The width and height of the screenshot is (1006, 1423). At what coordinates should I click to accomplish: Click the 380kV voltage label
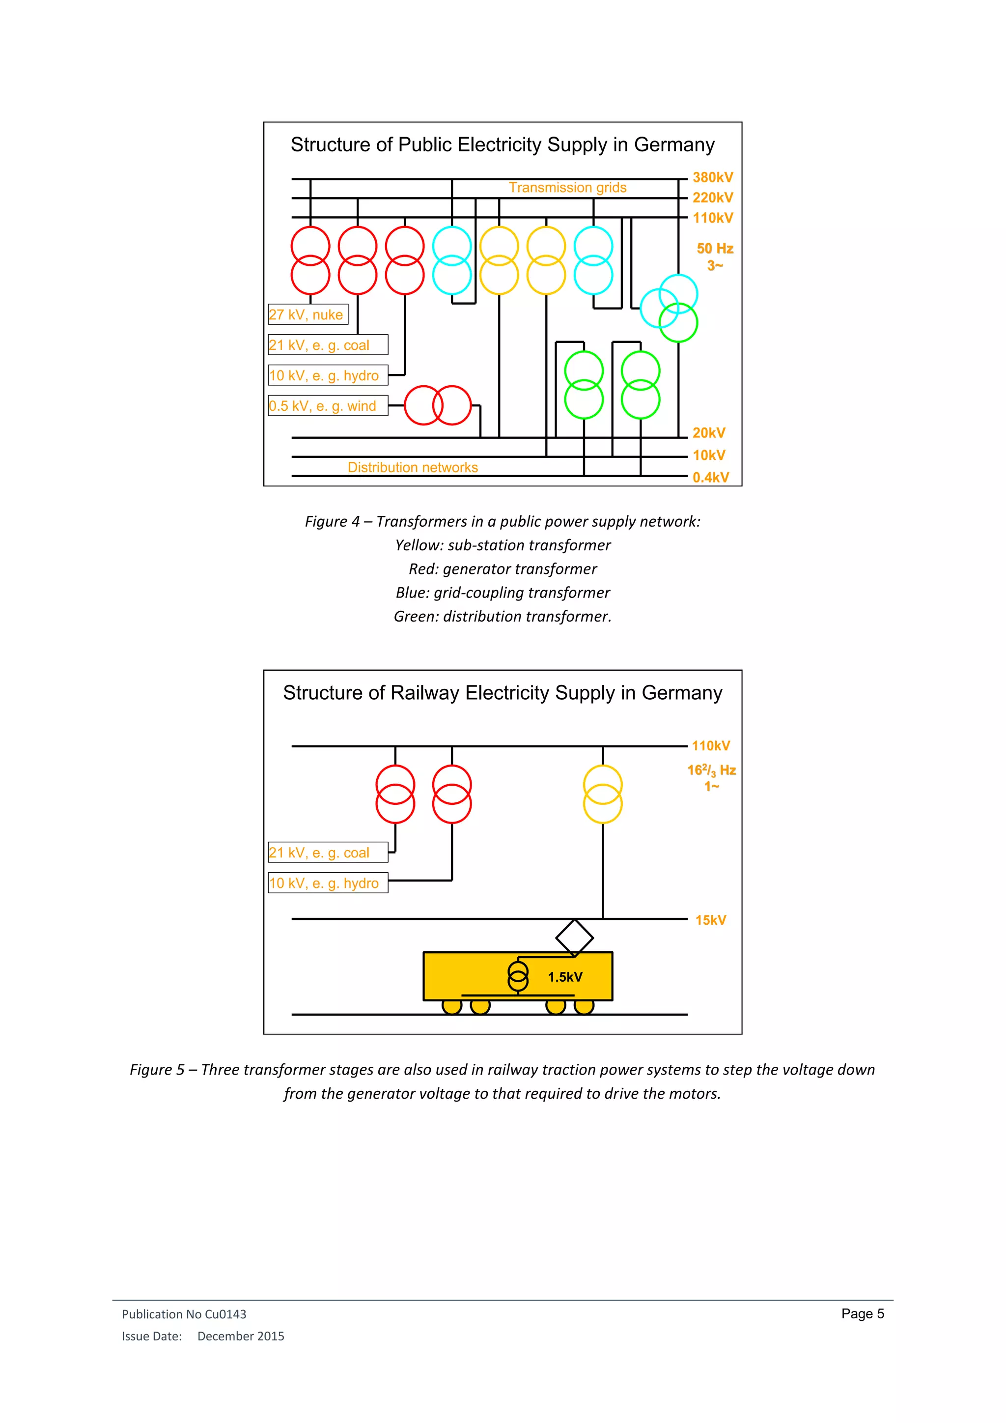pos(712,177)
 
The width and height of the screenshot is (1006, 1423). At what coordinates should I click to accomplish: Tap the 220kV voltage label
pos(712,198)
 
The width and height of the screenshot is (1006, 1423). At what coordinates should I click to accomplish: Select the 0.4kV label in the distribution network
pos(710,477)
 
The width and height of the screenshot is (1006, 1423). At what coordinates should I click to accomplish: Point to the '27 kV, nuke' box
pos(308,315)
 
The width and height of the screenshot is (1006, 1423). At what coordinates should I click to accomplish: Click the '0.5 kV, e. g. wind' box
pos(328,406)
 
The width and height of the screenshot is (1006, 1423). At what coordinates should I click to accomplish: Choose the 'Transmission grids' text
pos(567,188)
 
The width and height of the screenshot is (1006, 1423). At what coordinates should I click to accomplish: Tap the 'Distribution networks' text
pos(413,467)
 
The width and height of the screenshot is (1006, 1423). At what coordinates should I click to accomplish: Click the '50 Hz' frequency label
pos(715,249)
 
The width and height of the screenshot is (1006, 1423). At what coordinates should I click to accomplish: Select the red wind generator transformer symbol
pos(438,405)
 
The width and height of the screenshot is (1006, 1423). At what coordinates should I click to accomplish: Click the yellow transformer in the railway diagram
pos(603,794)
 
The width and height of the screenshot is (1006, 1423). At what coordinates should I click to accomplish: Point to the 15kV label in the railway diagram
pos(710,920)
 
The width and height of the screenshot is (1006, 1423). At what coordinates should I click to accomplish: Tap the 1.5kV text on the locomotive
pos(565,977)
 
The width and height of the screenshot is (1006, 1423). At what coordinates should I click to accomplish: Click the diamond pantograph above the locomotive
pos(575,938)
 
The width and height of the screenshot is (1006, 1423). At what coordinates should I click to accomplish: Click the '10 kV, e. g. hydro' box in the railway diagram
pos(328,883)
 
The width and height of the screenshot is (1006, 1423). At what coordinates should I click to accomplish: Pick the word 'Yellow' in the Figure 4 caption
pos(419,545)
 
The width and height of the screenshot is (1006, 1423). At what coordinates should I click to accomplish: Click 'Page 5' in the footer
pos(862,1314)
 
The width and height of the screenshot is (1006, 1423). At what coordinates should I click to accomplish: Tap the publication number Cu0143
pos(225,1314)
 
